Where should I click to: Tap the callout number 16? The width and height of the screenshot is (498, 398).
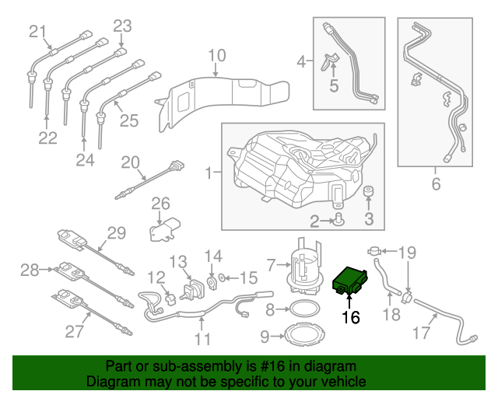pos(351,316)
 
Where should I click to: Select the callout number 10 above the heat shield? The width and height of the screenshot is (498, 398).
pos(216,56)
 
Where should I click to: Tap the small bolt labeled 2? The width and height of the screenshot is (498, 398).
pos(339,223)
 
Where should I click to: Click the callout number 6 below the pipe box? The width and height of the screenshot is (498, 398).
pos(436,185)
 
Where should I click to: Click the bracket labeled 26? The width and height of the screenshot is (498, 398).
pos(165,229)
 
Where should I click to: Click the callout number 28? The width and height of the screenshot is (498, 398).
pos(30,271)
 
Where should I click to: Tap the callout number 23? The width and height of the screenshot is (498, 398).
pos(122,26)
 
